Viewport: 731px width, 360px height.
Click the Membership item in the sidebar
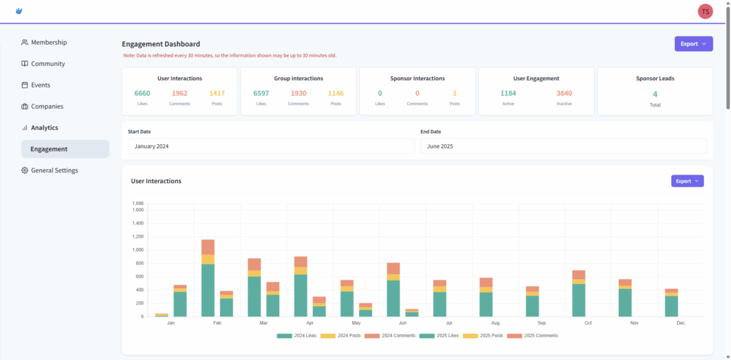click(48, 43)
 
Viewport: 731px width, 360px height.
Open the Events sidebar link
click(40, 85)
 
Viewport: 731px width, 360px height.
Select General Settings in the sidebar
click(54, 170)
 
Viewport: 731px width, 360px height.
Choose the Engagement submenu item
click(49, 149)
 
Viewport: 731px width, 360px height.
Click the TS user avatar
click(705, 11)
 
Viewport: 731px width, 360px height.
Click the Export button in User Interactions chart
click(687, 181)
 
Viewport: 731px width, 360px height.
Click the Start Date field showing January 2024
click(270, 146)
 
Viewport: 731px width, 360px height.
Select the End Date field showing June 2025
click(564, 146)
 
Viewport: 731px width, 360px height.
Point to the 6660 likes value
click(142, 93)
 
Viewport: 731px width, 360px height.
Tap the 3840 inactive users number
click(564, 93)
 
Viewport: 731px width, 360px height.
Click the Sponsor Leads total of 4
click(655, 94)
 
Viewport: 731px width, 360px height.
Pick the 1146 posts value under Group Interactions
click(336, 93)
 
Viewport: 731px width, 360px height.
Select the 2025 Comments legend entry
click(535, 335)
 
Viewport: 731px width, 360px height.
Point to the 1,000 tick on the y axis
click(138, 250)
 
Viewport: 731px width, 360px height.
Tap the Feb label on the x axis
click(217, 323)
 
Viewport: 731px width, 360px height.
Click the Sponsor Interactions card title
click(417, 78)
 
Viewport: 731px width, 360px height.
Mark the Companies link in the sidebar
click(47, 107)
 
